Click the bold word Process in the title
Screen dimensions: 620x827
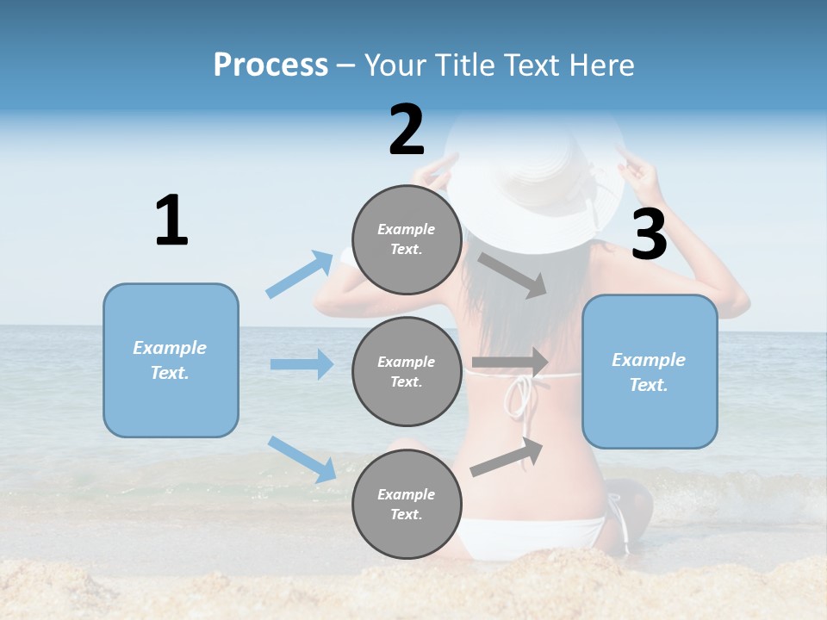click(x=270, y=65)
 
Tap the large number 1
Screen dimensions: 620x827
click(x=171, y=220)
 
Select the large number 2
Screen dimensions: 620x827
click(x=407, y=130)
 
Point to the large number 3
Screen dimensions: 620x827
click(x=649, y=235)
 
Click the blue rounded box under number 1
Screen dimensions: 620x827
click(x=171, y=360)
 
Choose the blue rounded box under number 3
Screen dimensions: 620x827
click(x=650, y=371)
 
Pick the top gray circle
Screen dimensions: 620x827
click(x=407, y=239)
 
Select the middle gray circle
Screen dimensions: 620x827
click(x=407, y=371)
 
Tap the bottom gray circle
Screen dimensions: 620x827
click(x=407, y=504)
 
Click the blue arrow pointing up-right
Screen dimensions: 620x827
click(x=300, y=274)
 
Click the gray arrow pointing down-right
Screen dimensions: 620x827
click(x=513, y=275)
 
